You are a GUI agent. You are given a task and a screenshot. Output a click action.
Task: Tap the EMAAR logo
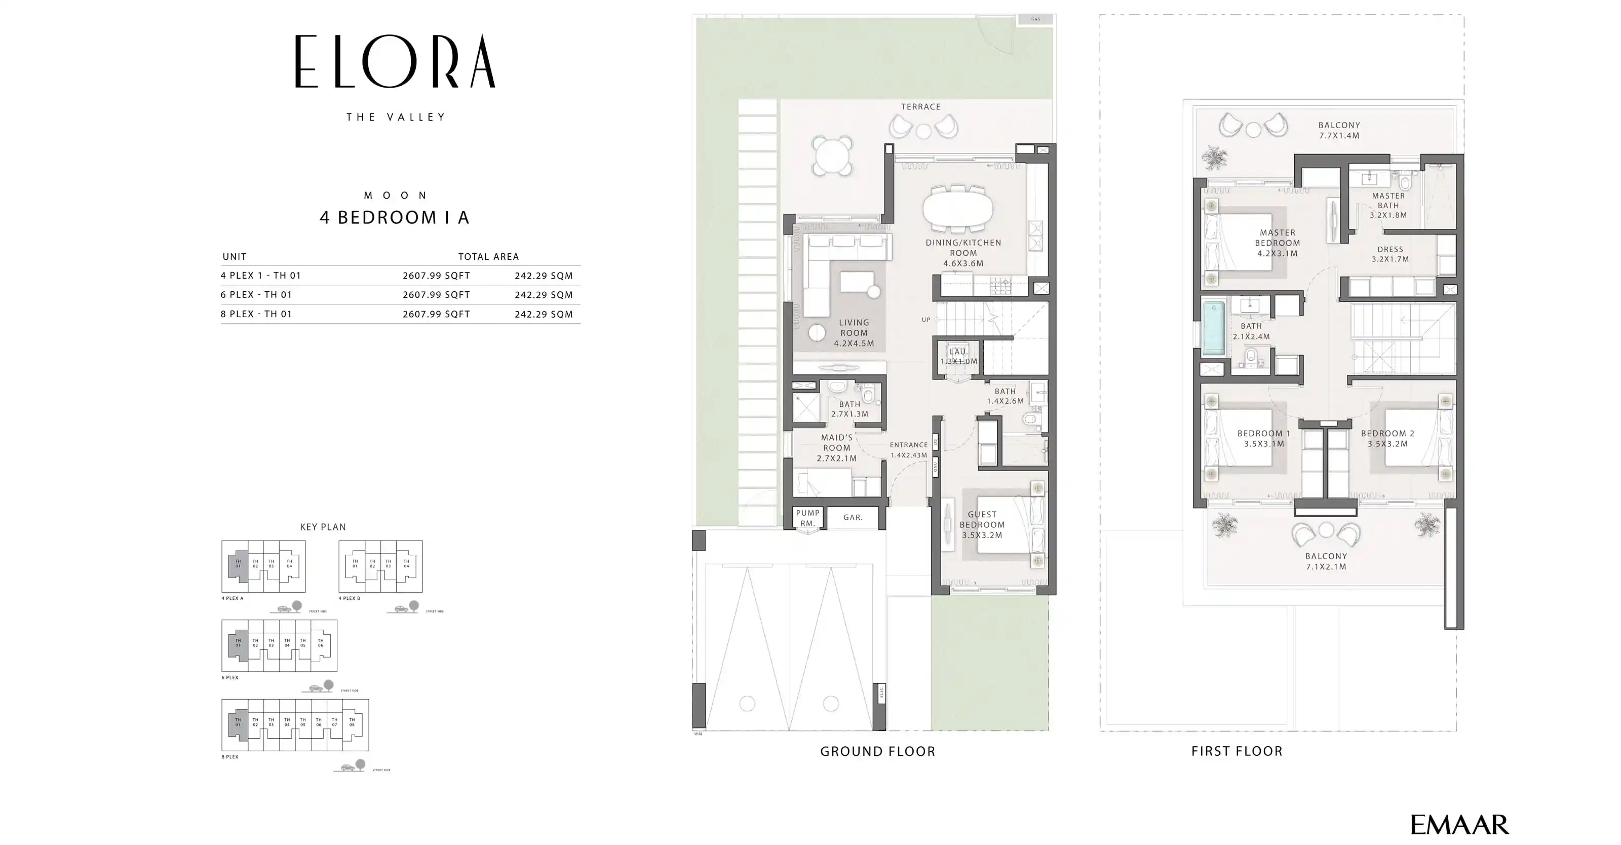(1459, 824)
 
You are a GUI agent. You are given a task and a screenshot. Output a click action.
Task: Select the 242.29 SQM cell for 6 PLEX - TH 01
(543, 294)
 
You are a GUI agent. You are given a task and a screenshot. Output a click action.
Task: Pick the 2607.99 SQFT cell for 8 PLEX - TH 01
(436, 314)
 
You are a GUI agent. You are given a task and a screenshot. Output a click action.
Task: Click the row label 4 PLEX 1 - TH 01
(260, 276)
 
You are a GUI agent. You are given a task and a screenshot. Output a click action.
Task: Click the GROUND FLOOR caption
(877, 751)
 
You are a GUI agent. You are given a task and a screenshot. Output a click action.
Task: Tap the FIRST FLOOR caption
(1237, 751)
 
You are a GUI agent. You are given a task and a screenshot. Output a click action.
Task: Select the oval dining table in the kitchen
(958, 208)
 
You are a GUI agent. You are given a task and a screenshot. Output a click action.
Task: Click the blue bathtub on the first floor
(1214, 328)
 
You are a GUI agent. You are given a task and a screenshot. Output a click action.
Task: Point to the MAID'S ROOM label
(836, 447)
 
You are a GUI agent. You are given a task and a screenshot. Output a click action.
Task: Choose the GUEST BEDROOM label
(982, 525)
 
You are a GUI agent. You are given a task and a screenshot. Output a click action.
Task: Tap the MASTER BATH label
(1388, 205)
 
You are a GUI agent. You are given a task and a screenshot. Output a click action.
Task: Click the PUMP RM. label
(808, 518)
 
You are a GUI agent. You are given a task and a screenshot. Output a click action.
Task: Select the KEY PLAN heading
(323, 527)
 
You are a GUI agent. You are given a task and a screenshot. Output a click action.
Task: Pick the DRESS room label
(1390, 254)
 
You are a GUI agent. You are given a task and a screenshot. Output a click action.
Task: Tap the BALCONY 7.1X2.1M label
(1326, 561)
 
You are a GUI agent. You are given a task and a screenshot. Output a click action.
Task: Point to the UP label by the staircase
(925, 320)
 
